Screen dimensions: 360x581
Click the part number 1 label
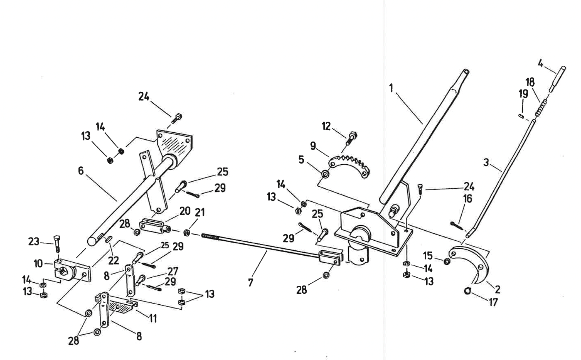coord(391,88)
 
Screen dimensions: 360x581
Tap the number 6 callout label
coord(81,171)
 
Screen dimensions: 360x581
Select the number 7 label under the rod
coord(251,282)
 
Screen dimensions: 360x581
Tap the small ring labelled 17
coord(468,291)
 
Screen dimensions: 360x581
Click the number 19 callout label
coord(523,94)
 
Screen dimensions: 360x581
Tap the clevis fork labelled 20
coord(153,226)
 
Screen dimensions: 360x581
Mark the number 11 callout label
coord(153,318)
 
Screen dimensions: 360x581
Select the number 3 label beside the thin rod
coord(486,162)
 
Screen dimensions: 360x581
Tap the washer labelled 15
coord(447,261)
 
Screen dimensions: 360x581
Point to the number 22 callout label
coord(113,261)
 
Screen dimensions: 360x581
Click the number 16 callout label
coord(468,199)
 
